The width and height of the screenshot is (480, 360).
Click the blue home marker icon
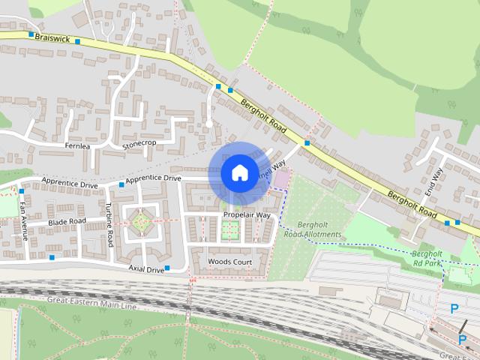(238, 172)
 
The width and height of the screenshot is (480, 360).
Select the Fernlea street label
(77, 145)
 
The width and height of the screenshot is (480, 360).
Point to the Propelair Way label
(247, 215)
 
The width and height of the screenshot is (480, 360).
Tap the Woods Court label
(229, 261)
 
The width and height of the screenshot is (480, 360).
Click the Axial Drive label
(145, 268)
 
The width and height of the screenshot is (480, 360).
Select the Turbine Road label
(109, 226)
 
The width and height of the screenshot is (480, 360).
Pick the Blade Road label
(67, 222)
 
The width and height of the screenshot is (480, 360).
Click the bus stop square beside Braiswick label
(31, 34)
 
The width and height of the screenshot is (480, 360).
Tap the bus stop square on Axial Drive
(167, 268)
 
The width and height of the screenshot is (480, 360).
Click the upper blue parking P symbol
(453, 308)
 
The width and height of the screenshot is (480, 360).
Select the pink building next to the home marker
(280, 180)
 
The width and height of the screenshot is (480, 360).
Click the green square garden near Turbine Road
(141, 222)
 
